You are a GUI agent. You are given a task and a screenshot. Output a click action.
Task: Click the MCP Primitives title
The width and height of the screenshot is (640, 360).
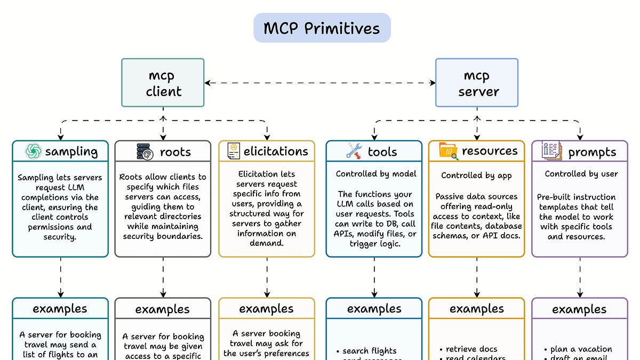(322, 28)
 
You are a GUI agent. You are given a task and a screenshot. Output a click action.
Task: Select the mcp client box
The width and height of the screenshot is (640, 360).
(163, 83)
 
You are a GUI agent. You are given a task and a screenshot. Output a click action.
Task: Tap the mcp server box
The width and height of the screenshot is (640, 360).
(476, 83)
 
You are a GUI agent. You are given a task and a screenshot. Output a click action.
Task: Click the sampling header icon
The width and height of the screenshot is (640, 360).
(34, 151)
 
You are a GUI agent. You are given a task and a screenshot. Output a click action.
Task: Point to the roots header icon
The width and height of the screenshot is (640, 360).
(145, 152)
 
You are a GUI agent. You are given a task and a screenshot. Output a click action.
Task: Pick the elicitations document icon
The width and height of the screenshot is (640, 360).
(233, 151)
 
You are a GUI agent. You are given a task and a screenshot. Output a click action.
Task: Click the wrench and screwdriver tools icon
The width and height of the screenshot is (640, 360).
(354, 151)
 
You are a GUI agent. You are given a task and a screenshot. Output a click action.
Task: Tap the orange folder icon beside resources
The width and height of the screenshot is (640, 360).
(448, 151)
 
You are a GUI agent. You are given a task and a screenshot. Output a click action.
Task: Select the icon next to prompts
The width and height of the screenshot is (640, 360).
(551, 151)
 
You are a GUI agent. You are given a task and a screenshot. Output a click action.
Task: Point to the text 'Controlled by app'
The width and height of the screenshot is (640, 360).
(476, 175)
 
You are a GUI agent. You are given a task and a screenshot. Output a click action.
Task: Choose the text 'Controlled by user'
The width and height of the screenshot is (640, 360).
(581, 174)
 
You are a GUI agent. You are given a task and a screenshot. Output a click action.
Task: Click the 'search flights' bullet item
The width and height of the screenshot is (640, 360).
(370, 351)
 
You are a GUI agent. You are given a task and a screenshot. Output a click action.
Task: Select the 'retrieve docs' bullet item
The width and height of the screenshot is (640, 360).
(471, 349)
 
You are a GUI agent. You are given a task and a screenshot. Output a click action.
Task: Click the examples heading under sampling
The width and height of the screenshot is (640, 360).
(60, 309)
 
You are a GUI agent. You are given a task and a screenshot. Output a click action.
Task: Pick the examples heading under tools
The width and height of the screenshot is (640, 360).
(374, 309)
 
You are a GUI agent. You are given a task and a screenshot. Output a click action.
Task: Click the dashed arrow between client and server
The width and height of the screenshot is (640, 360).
(320, 83)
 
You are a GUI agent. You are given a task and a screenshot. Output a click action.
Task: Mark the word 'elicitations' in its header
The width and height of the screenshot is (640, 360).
(276, 151)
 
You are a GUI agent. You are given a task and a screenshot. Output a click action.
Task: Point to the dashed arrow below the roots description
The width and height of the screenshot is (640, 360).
(163, 277)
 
